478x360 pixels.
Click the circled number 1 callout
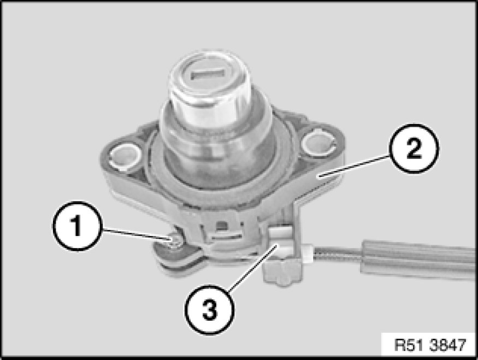[x=76, y=226]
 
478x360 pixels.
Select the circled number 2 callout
[x=414, y=149]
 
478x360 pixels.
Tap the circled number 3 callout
[x=209, y=310]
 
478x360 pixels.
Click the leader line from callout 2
[x=354, y=166]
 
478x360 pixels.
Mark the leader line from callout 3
[x=253, y=267]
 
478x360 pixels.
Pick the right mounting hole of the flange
[x=317, y=142]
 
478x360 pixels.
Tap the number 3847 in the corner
[x=448, y=345]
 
